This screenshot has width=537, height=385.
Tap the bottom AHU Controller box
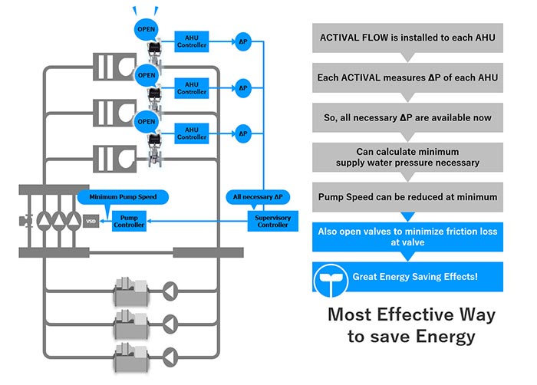(x=192, y=133)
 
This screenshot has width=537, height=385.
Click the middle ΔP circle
(x=243, y=87)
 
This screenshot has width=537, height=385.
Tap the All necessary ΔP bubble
(x=258, y=196)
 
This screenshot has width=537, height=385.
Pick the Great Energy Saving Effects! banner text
(x=414, y=276)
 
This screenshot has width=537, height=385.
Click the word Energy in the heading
(x=444, y=336)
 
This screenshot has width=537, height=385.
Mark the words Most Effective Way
(x=411, y=314)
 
